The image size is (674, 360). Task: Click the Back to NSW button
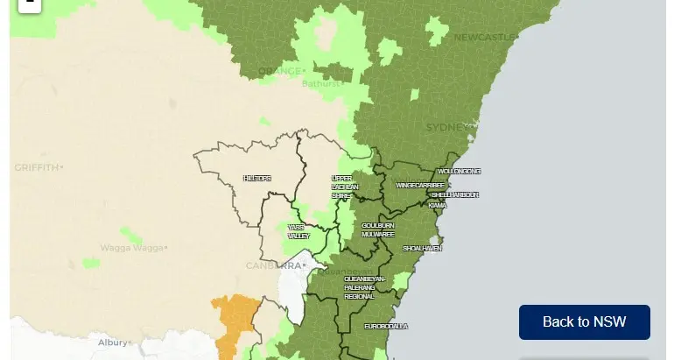[x=584, y=321]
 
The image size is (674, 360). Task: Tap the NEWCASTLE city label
[x=484, y=38]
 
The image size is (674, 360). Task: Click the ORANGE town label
[x=279, y=71]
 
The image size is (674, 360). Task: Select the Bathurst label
[x=320, y=84]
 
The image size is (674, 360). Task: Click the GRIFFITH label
[x=36, y=167]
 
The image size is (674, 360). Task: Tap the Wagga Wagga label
[x=131, y=248]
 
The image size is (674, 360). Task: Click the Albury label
[x=113, y=342]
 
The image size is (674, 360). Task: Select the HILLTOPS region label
[x=257, y=179]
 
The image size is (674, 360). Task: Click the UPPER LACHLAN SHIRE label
[x=341, y=187]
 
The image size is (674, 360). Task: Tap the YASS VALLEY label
[x=298, y=231]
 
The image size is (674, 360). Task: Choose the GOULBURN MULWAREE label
[x=378, y=229]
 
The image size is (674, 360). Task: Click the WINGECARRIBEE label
[x=420, y=186]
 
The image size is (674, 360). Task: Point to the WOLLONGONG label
[x=459, y=172]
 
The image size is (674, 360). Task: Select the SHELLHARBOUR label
[x=455, y=194]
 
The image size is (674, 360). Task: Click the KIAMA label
[x=438, y=206]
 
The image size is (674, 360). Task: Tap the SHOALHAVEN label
[x=422, y=249]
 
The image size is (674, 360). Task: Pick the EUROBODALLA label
[x=386, y=327]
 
